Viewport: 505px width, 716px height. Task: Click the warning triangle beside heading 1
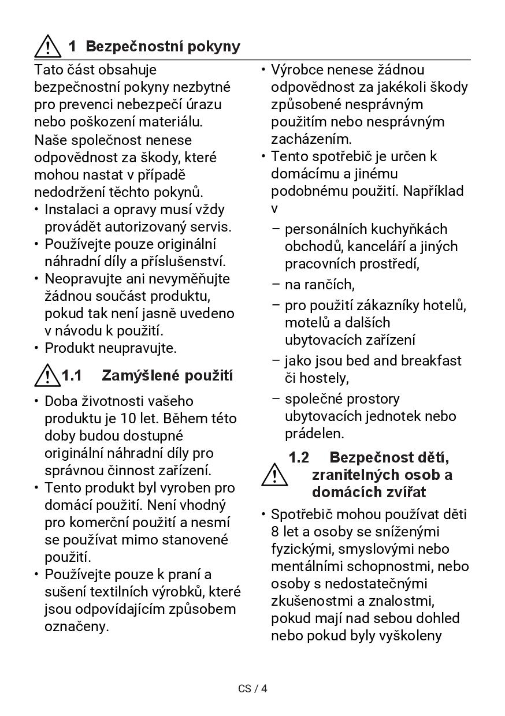point(47,46)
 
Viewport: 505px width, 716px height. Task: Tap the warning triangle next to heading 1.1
point(47,376)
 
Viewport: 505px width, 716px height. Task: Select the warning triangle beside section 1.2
point(274,475)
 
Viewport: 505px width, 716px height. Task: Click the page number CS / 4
point(252,688)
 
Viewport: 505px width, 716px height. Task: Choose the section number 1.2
point(299,458)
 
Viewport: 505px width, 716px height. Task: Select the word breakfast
point(432,361)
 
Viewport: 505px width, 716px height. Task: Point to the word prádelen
point(314,434)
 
